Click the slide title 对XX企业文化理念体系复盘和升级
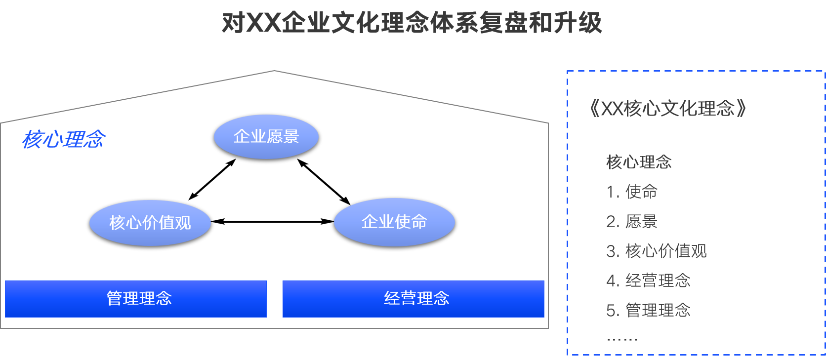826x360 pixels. pos(412,23)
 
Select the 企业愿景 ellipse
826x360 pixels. pos(266,137)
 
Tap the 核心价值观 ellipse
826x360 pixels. pos(150,223)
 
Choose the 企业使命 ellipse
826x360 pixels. pos(394,222)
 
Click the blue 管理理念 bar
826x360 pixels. pos(136,299)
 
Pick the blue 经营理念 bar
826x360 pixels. pos(413,299)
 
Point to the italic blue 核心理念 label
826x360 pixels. pos(64,139)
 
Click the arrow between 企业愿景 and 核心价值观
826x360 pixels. pos(212,180)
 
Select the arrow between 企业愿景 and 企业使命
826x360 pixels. pos(324,182)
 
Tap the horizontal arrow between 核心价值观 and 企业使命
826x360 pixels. pos(273,222)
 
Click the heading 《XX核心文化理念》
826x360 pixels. pos(667,109)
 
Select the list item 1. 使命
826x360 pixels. pos(632,192)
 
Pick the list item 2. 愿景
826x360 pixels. pos(632,221)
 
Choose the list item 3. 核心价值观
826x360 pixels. pos(657,251)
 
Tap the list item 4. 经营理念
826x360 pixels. pos(648,280)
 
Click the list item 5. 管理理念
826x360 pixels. pos(648,310)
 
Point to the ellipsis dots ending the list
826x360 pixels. pos(622,339)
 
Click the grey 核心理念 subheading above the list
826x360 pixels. pos(639,162)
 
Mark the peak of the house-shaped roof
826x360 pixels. pos(274,71)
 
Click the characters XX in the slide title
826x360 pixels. pos(263,23)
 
